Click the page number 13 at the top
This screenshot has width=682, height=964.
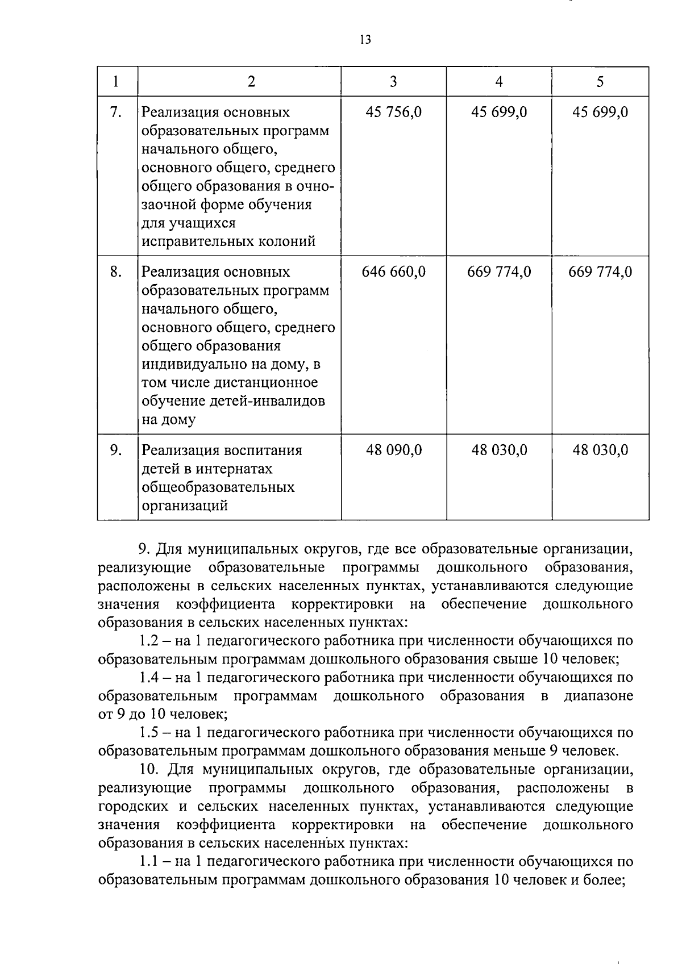click(365, 40)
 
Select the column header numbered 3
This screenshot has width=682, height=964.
click(393, 82)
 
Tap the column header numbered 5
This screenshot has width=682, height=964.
click(600, 82)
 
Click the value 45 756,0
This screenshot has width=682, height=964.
click(393, 112)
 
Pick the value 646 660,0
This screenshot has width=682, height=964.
click(393, 272)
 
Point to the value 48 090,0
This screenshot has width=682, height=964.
click(393, 450)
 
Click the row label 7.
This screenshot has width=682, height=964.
click(116, 112)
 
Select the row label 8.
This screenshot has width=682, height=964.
click(116, 272)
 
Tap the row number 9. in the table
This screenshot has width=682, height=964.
click(116, 450)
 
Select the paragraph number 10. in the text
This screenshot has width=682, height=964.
click(151, 770)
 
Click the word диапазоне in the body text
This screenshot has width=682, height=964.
click(598, 696)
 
